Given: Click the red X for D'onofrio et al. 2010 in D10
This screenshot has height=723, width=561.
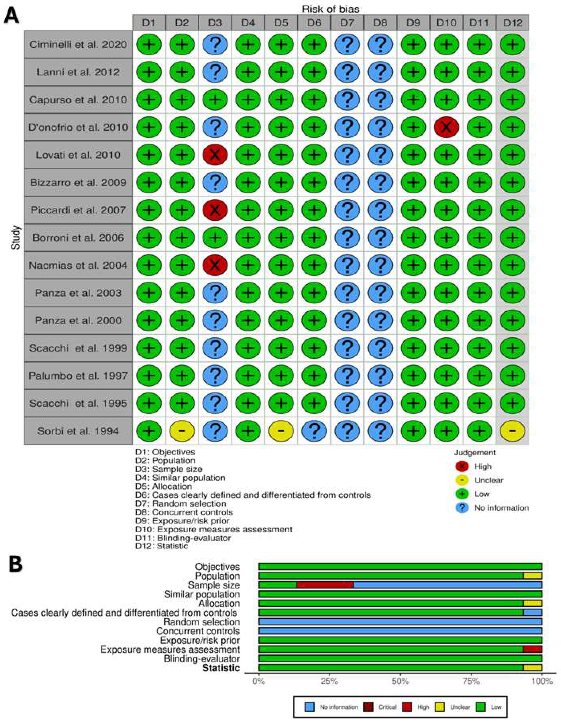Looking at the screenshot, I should coord(446,127).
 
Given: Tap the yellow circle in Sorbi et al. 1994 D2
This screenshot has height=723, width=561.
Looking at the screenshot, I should coord(182,431).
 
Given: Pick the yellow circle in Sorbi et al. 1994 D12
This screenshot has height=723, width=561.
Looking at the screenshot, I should coord(512,431).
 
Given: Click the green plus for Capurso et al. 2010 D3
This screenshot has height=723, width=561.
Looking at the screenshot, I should coord(215,100).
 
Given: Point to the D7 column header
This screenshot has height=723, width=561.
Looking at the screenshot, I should coord(347,23).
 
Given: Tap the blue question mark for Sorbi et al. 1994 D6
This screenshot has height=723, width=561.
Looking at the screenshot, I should coord(314,431).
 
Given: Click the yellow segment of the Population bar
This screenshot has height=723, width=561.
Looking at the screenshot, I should coord(532,576).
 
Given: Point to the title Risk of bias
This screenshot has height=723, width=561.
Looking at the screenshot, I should coord(330,9).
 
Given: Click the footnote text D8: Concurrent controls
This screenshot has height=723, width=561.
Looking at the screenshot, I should coord(184,512).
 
